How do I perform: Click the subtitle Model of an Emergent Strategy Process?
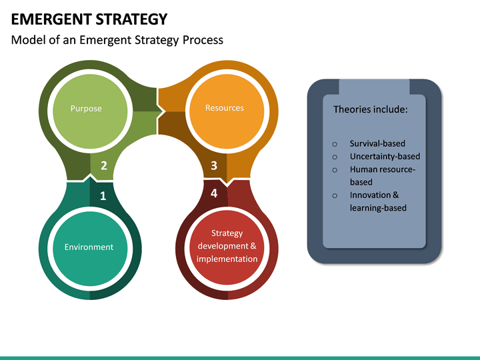tap(117, 40)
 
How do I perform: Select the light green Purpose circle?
tap(86, 108)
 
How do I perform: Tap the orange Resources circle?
tap(224, 108)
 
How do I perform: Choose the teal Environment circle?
tap(89, 247)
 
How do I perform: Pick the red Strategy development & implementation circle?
tap(227, 246)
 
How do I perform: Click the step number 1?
tap(103, 195)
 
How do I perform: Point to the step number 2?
tap(103, 166)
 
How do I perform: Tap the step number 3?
tap(214, 166)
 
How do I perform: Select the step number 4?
tap(214, 193)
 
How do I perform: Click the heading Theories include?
tap(370, 109)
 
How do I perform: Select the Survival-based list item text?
tap(377, 143)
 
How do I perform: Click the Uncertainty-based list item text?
tap(385, 157)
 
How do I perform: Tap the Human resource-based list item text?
tap(382, 176)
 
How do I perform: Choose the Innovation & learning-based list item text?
tap(378, 201)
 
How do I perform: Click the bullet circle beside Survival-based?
tap(335, 144)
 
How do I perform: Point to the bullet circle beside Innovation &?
tap(335, 196)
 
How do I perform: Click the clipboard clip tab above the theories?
tap(374, 87)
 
